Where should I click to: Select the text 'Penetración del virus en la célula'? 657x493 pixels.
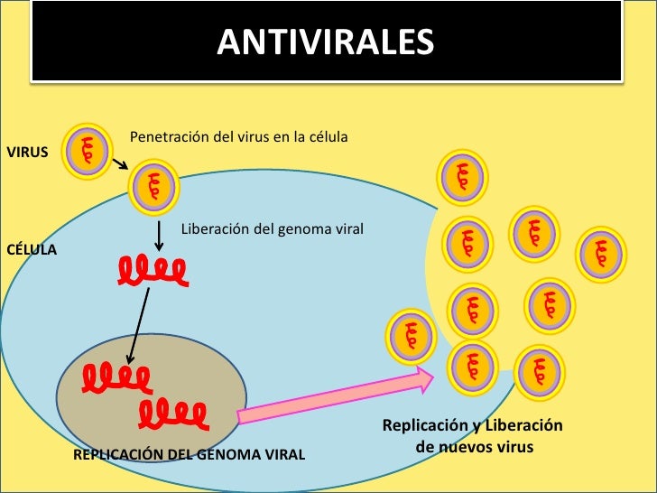coord(239,137)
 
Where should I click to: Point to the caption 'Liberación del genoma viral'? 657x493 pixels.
coord(273,229)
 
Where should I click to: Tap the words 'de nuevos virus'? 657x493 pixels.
coord(475,446)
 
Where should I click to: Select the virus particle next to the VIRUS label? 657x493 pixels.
coord(88,153)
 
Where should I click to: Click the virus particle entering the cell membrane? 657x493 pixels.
coord(154,189)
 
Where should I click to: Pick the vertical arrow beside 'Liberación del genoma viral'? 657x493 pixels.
coord(160,235)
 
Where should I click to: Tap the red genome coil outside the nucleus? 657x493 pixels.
coord(152,269)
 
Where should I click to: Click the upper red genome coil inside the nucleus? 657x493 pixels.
coord(116,377)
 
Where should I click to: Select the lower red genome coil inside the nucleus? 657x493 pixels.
coord(173,414)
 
